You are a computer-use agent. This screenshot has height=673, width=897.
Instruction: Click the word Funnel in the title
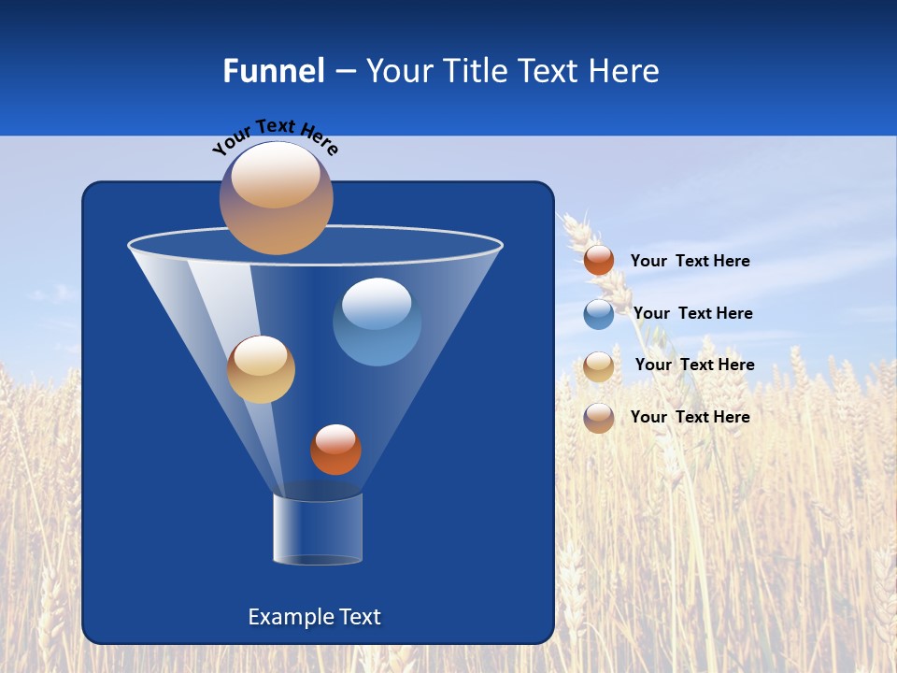point(273,71)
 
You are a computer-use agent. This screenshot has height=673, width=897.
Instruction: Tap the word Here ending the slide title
point(625,71)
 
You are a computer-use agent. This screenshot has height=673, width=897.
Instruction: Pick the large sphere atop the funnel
point(276,198)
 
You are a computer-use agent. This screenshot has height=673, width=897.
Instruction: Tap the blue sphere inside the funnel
point(377,322)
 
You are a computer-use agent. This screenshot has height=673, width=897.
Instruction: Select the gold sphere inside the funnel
point(261,369)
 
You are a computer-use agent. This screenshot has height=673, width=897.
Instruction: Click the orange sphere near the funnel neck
point(335,450)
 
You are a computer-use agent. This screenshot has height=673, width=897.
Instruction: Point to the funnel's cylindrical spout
point(317,530)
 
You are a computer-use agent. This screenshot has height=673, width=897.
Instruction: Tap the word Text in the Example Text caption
point(360,617)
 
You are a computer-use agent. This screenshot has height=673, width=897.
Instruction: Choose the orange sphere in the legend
point(599,261)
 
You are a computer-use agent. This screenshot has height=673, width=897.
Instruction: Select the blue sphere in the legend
point(599,314)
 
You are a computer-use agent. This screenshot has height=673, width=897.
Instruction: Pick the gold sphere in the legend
point(599,366)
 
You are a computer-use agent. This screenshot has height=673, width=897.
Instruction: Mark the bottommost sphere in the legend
point(599,418)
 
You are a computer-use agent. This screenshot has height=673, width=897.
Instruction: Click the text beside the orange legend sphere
point(690,262)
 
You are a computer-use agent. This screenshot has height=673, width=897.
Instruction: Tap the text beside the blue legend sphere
point(692,313)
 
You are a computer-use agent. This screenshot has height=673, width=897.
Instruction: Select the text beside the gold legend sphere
point(694,365)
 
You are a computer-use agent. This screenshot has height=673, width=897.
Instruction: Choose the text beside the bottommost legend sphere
point(690,417)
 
